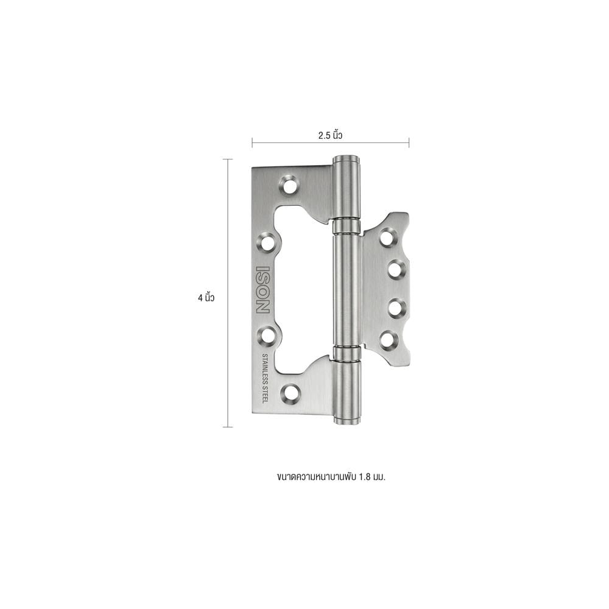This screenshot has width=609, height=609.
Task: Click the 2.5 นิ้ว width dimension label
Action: [330, 135]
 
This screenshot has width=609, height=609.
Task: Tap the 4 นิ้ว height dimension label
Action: [206, 298]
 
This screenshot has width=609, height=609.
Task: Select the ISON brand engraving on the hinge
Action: [262, 289]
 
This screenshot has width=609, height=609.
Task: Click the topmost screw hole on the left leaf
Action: [289, 185]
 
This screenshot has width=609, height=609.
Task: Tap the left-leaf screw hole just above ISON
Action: [267, 243]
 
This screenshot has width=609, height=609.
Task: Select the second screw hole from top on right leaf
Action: [395, 269]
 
